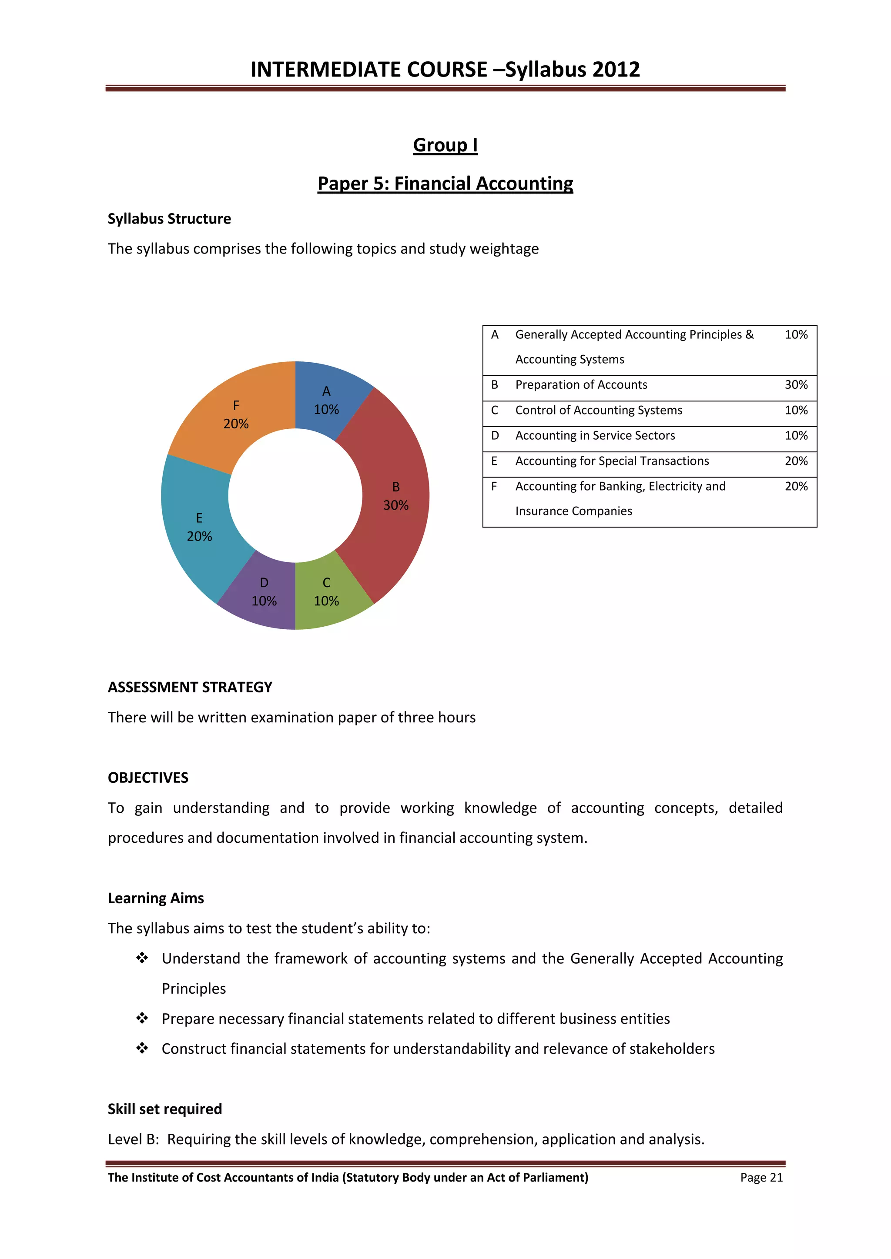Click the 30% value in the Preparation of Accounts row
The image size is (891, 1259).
(x=796, y=385)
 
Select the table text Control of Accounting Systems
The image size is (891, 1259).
(x=598, y=410)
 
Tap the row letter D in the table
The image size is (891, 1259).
(x=495, y=435)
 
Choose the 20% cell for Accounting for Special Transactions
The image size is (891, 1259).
(x=796, y=461)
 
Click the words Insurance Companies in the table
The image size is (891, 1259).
(x=573, y=511)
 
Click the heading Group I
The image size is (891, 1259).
(x=445, y=145)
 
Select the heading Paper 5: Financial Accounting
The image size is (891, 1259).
(x=445, y=183)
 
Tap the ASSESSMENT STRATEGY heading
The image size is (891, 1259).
(x=190, y=687)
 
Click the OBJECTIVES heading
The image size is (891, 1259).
(x=148, y=778)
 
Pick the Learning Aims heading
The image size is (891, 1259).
(x=156, y=898)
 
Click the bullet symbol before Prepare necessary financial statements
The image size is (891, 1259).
(x=142, y=1018)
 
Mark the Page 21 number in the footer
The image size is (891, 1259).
(x=761, y=1177)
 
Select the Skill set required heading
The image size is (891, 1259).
(x=164, y=1109)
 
